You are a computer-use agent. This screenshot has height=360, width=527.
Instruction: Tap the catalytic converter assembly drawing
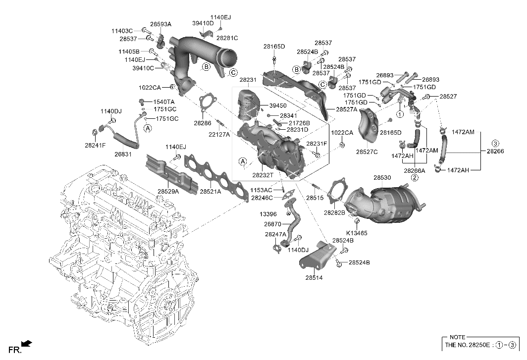tap(384, 206)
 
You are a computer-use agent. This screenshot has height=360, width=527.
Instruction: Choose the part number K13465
tap(357, 232)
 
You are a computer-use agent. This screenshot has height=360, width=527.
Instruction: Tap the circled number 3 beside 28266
tap(495, 144)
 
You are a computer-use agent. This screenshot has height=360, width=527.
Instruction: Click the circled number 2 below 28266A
tap(414, 177)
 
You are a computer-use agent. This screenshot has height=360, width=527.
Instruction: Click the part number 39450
tap(278, 105)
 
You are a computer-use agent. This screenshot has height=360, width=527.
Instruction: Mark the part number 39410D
tap(203, 23)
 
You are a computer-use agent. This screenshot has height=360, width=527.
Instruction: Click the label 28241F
tap(95, 145)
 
